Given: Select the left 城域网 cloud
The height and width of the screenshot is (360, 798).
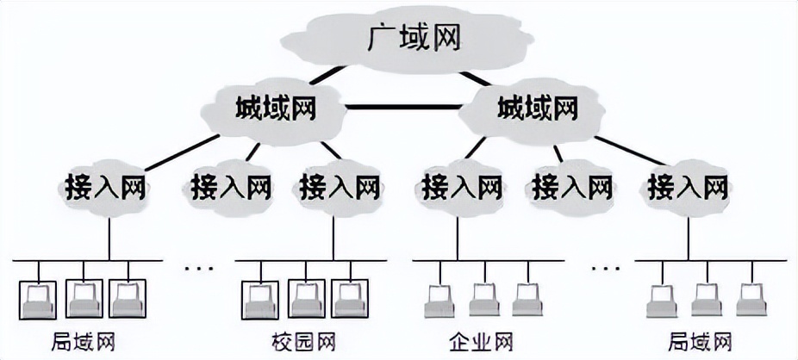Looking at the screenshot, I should click(x=275, y=109).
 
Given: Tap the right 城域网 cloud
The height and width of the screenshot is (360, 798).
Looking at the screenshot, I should click(x=535, y=109).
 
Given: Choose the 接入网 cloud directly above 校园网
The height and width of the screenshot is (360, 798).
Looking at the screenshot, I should click(x=339, y=184).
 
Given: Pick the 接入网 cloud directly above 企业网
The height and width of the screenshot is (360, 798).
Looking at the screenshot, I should click(x=461, y=184).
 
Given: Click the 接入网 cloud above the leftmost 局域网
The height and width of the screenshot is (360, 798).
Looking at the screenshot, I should click(x=103, y=184).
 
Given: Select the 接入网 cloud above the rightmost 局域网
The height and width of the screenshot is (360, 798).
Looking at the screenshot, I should click(x=688, y=184).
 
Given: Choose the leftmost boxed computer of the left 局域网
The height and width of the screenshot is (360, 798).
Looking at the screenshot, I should click(x=38, y=298).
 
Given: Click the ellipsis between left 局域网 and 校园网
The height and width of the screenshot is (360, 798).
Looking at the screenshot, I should click(x=199, y=268).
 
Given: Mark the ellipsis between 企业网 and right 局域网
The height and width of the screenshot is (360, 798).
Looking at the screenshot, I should click(x=604, y=268).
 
